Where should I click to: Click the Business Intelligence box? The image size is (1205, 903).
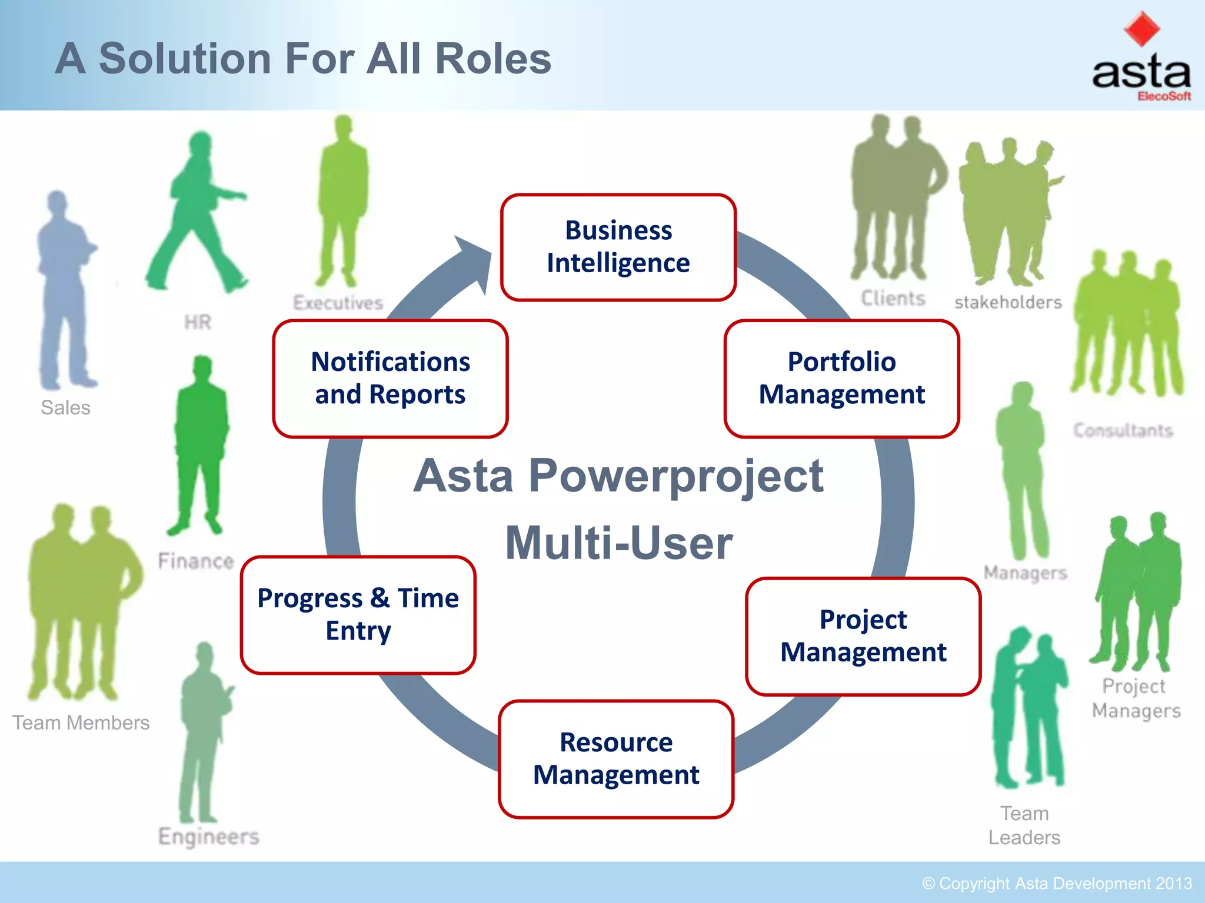618,247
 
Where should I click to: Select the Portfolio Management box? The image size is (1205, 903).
841,379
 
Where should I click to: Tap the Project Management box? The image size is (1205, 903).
863,636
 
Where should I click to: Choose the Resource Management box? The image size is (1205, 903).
616,758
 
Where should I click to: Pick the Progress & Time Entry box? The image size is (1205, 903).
358,614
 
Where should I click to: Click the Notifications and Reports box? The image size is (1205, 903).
390,379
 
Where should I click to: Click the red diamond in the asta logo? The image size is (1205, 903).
1141,28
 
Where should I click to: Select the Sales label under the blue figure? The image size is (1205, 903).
65,407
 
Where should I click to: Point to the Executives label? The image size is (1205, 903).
338,303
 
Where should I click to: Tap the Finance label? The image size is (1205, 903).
196,561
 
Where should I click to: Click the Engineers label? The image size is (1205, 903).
208,836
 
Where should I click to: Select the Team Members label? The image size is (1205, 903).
81,723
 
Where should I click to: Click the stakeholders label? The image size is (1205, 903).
1007,302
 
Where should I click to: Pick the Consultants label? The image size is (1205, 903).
1123,430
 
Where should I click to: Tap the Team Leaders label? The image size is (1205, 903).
1024,825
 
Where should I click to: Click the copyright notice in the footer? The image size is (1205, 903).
1057,884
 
